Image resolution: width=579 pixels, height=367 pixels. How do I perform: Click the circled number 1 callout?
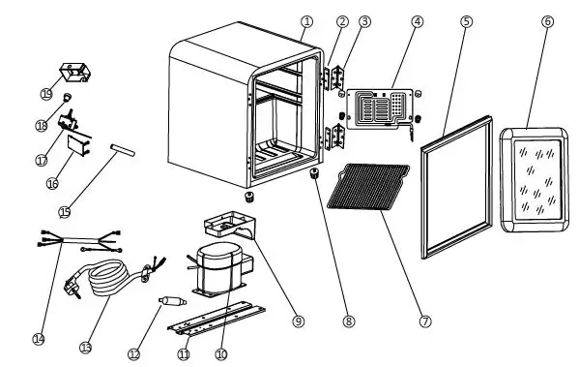(306, 21)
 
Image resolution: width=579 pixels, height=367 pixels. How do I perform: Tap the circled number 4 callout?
(417, 21)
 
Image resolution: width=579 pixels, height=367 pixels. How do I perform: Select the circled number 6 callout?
(548, 21)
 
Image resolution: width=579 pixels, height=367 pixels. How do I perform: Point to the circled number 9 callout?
(299, 321)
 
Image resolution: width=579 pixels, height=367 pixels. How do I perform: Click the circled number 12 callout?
(134, 354)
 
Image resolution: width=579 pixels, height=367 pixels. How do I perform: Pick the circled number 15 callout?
(65, 212)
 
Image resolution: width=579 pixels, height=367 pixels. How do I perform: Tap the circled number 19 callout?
(46, 94)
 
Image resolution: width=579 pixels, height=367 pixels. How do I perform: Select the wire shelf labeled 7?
(368, 187)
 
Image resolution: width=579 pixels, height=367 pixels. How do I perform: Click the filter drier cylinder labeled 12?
(172, 300)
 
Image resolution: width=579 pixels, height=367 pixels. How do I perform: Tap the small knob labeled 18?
(68, 97)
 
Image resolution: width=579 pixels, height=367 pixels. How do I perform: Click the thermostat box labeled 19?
(75, 73)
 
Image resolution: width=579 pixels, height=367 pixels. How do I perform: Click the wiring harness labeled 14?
(80, 240)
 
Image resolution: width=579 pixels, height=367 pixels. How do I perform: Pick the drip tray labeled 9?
(230, 225)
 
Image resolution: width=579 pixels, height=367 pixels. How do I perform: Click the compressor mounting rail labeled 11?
(217, 319)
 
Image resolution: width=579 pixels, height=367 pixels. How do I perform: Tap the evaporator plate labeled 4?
(380, 109)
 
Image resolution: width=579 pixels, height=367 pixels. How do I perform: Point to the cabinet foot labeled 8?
(314, 172)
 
